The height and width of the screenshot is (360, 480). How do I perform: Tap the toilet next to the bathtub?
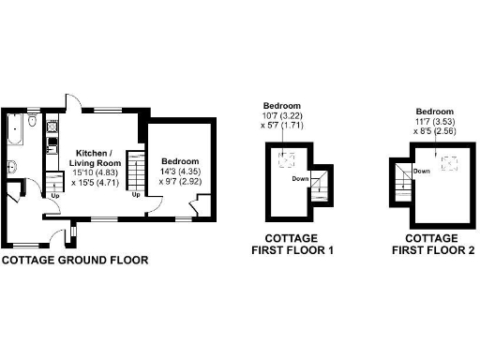point(33,123)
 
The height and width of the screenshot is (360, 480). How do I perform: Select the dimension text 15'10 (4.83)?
point(94,172)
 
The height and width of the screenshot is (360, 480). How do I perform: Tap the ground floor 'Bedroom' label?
point(180,160)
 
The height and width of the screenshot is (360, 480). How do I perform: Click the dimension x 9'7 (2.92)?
point(180,183)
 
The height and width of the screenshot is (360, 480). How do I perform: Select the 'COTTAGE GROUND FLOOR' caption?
point(74,260)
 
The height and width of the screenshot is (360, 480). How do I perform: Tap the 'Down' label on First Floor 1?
point(300,178)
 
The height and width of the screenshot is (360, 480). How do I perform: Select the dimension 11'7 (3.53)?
point(434,121)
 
